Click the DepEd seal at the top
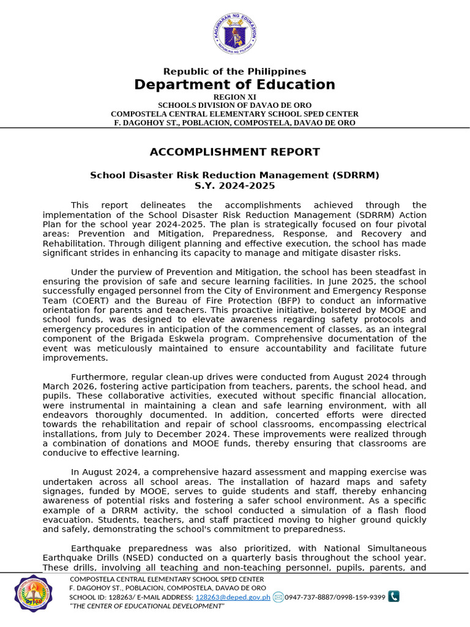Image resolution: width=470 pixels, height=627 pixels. tap(234, 34)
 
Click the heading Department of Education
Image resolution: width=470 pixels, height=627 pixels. tap(234, 84)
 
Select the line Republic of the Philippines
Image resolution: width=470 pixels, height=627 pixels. tap(234, 72)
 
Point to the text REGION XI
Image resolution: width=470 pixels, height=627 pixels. tap(234, 97)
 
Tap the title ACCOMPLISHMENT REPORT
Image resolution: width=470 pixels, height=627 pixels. tap(234, 152)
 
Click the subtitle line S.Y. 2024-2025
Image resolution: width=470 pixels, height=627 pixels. tap(234, 186)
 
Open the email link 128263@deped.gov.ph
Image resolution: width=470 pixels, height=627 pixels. tap(233, 597)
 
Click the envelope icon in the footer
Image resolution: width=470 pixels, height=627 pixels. tap(278, 597)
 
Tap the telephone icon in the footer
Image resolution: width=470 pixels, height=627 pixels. tap(394, 596)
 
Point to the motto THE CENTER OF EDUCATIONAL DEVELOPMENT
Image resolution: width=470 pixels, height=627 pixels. tap(147, 606)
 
